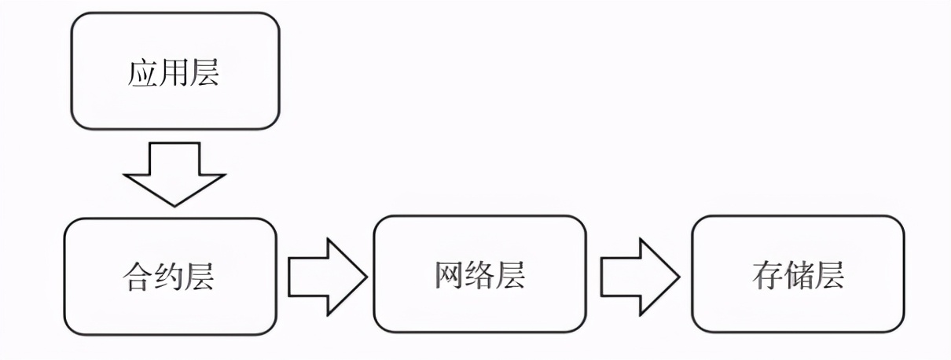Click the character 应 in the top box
coord(142,73)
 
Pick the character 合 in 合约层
coord(138,276)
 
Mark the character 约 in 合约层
coord(169,276)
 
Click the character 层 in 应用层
coord(204,73)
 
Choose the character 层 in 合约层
coord(200,276)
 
